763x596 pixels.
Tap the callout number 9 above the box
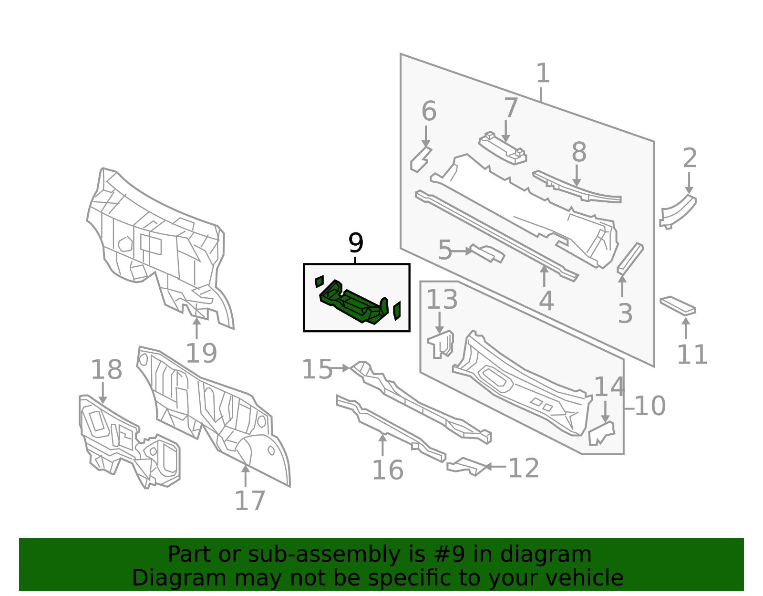click(x=356, y=243)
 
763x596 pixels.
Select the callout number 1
click(x=543, y=73)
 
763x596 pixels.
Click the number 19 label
click(x=201, y=353)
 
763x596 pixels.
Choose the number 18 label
click(x=106, y=369)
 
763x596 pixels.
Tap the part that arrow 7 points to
click(x=503, y=148)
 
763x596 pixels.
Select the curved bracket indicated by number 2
click(x=678, y=211)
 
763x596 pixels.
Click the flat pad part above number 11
click(x=678, y=305)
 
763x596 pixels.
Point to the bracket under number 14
click(x=601, y=433)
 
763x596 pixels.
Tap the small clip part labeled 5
click(x=488, y=253)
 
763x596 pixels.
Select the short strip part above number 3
click(x=630, y=259)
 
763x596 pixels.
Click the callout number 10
click(x=650, y=406)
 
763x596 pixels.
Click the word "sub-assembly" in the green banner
click(x=324, y=555)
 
